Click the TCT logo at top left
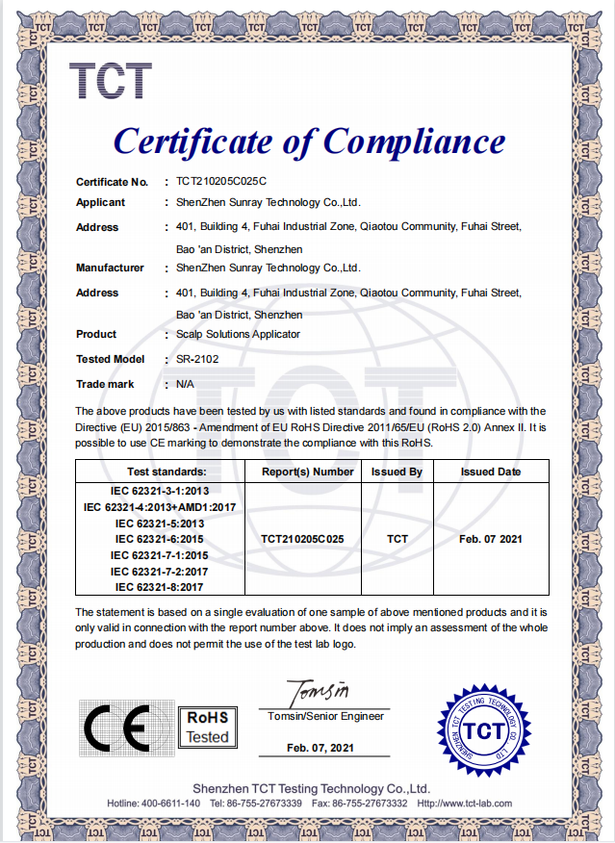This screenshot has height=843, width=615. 110,82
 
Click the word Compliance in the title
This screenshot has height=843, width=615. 414,142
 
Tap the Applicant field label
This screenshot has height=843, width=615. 100,202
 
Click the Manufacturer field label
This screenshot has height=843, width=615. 110,268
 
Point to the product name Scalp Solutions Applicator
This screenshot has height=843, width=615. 238,334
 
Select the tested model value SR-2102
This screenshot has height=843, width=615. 196,359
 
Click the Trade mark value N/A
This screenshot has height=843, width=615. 185,384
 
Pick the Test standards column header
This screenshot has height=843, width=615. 167,473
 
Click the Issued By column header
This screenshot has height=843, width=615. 397,473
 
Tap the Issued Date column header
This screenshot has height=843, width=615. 491,473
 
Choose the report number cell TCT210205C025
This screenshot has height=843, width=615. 302,539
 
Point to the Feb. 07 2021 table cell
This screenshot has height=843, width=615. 491,539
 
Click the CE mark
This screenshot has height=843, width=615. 116,728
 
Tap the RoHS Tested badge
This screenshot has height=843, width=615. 207,728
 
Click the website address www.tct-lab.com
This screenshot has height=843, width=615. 477,804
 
